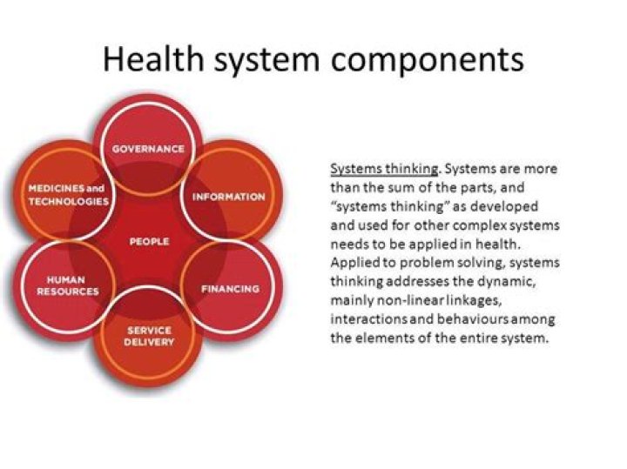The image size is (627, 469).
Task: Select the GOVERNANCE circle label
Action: tap(148, 149)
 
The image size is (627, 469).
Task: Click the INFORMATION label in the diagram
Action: tap(228, 197)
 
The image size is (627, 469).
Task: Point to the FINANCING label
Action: tap(230, 288)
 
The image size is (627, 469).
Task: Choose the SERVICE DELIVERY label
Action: tap(149, 336)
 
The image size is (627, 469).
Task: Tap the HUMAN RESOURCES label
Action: tap(67, 286)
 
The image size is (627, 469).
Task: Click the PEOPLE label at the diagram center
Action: tap(149, 241)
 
